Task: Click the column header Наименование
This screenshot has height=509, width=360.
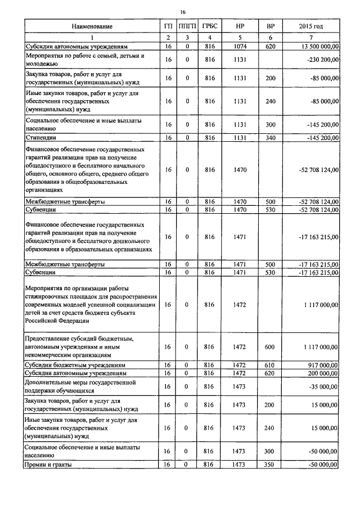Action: pos(92,26)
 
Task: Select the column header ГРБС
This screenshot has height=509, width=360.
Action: pos(210,26)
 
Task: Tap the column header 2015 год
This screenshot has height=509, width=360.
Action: pos(311,26)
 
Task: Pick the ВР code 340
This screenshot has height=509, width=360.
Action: pos(270,137)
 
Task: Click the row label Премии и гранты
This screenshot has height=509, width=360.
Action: pos(50,465)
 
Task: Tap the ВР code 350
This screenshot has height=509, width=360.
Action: pos(270,465)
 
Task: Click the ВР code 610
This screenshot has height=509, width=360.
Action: pos(270,365)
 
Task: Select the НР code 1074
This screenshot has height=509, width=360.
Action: pos(240,46)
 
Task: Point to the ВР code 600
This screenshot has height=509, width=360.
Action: pos(270,348)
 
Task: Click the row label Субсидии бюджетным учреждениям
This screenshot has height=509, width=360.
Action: pos(75,365)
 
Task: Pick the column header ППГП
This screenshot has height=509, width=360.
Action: pos(185,26)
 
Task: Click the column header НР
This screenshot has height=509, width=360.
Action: pos(240,26)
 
